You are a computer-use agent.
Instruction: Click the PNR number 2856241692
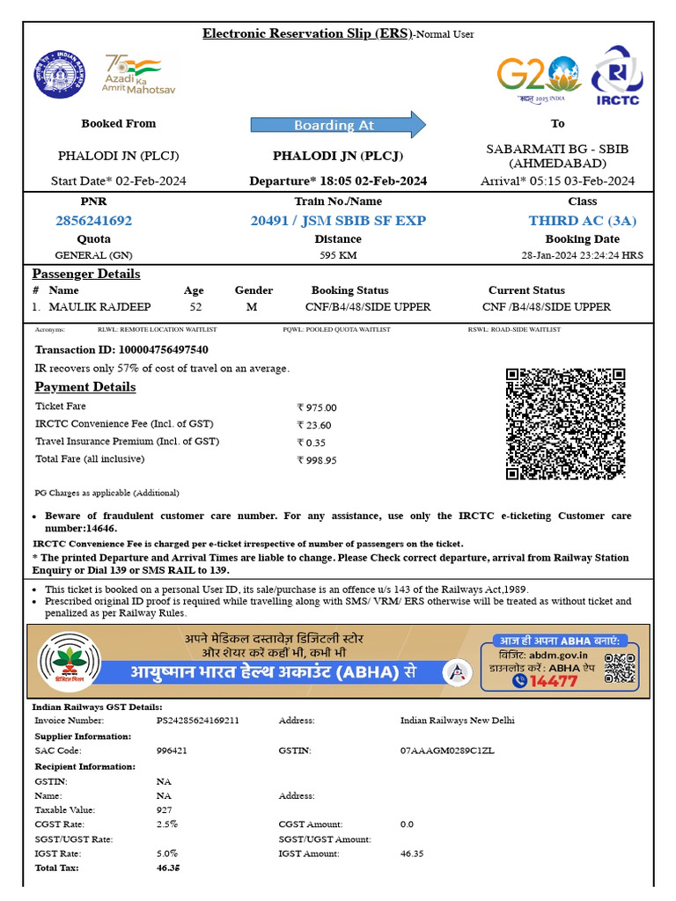93,220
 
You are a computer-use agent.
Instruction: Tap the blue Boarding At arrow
338,124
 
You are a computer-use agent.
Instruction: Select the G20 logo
538,77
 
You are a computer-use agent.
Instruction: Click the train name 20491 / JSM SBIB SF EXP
338,220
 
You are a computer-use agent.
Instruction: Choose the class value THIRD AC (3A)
582,220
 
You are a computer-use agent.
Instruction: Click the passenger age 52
194,307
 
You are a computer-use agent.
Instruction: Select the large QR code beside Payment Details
565,423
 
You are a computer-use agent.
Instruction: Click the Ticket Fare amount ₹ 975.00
317,407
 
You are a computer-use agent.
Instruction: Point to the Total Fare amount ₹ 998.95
317,460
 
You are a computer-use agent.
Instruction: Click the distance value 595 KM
338,256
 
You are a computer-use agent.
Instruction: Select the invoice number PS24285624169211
198,721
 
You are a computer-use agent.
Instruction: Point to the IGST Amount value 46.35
412,853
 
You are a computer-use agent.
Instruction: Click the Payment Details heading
85,387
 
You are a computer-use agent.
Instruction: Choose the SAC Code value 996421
172,751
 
